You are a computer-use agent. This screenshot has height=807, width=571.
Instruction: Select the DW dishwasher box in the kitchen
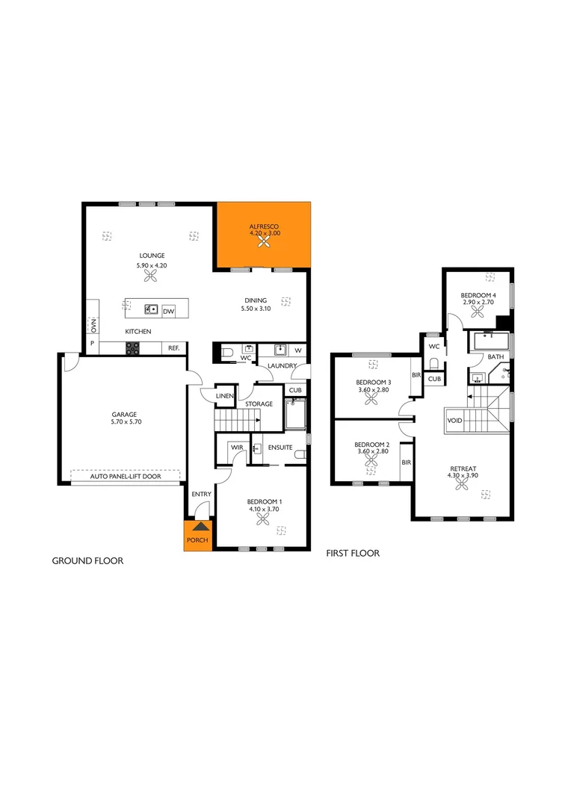pos(168,311)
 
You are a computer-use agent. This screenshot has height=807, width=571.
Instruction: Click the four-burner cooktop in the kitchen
pos(132,347)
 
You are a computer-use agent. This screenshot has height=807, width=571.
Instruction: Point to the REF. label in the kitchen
pos(173,348)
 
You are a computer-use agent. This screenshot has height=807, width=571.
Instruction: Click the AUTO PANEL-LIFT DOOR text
pos(126,475)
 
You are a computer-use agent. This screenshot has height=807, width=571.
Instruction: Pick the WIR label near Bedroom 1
pos(237,447)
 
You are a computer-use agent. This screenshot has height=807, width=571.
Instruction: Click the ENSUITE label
pos(280,447)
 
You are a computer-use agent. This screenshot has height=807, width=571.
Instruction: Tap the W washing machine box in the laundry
pos(297,350)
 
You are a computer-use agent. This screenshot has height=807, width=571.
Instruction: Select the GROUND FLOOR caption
pos(87,560)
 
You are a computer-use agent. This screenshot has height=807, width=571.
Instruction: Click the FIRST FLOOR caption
pos(353,554)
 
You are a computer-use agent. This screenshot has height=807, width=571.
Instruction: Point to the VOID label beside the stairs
pos(454,421)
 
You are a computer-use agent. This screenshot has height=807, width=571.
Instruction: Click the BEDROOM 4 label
pos(478,295)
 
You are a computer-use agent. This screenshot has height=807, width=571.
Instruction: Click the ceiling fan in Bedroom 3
pos(371,399)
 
